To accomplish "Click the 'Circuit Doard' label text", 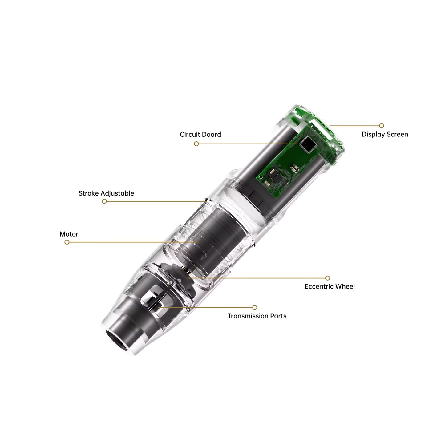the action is (x=200, y=134).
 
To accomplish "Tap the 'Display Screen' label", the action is (x=385, y=134).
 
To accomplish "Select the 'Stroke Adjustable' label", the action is (x=106, y=193).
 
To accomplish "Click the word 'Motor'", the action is (x=69, y=234).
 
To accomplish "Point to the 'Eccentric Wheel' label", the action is (x=330, y=286).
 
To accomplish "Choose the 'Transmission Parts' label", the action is (x=257, y=316).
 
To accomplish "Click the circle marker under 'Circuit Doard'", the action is (x=196, y=144).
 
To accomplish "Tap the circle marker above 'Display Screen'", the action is (x=382, y=126).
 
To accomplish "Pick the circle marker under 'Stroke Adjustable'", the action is (x=104, y=201).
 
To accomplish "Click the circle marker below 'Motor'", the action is (x=67, y=242).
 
